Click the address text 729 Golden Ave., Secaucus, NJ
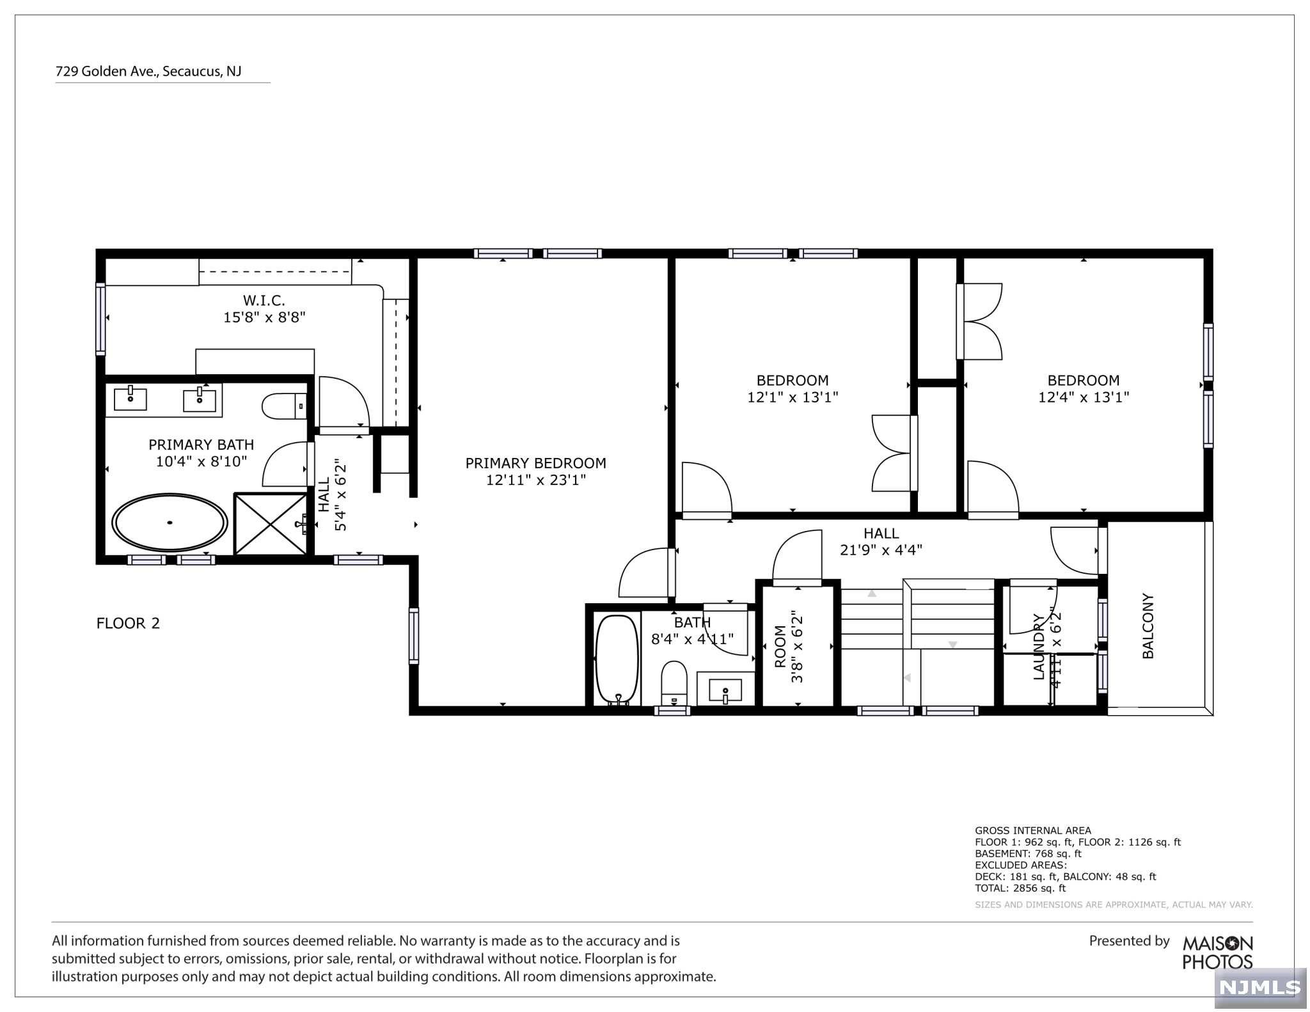148,72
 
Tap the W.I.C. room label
264,300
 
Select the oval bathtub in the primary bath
170,523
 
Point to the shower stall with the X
271,523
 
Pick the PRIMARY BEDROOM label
535,463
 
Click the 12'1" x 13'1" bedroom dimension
793,397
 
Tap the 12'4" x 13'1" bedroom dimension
1084,397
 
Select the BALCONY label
1148,626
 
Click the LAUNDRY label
1039,647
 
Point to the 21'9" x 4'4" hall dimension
881,550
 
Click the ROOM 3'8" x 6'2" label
788,646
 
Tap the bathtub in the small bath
617,660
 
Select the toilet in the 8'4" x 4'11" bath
673,683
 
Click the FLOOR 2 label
128,623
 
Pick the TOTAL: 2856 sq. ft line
1020,888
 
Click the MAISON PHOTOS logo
1217,953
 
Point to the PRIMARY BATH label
201,445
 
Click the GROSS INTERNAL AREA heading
1033,830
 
